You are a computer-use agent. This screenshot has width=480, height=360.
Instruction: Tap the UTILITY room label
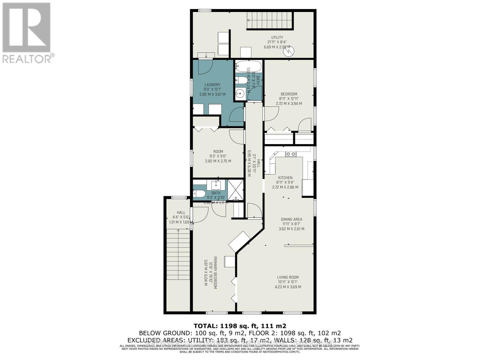[277, 38]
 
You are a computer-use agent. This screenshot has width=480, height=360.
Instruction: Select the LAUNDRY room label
[212, 85]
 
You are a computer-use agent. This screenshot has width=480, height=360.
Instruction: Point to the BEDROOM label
[289, 94]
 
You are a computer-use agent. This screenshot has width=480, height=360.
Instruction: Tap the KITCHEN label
[285, 178]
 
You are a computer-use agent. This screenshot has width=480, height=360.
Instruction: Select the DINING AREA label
[291, 219]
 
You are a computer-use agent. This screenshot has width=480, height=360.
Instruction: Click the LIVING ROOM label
[288, 277]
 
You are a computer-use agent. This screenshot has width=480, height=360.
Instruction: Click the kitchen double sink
[290, 154]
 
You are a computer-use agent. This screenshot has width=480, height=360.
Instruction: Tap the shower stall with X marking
[236, 190]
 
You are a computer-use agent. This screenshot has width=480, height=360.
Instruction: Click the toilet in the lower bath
[199, 194]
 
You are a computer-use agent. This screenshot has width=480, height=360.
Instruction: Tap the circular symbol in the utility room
[288, 52]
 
